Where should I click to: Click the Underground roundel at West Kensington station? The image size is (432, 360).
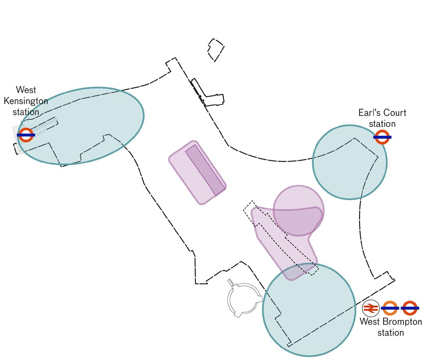(x=26, y=135)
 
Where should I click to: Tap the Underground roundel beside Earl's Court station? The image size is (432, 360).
(x=382, y=137)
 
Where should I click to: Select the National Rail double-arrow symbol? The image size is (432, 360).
(x=370, y=308)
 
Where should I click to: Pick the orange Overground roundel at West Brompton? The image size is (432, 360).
(x=391, y=308)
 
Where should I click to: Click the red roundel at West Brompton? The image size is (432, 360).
(x=410, y=308)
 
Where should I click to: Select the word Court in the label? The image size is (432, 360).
(x=395, y=113)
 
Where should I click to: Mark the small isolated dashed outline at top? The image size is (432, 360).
(x=216, y=50)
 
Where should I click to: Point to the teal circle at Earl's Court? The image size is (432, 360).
(x=349, y=162)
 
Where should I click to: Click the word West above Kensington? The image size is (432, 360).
(x=26, y=89)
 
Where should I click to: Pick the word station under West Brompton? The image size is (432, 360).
(x=391, y=333)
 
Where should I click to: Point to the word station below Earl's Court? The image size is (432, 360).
(x=382, y=124)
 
